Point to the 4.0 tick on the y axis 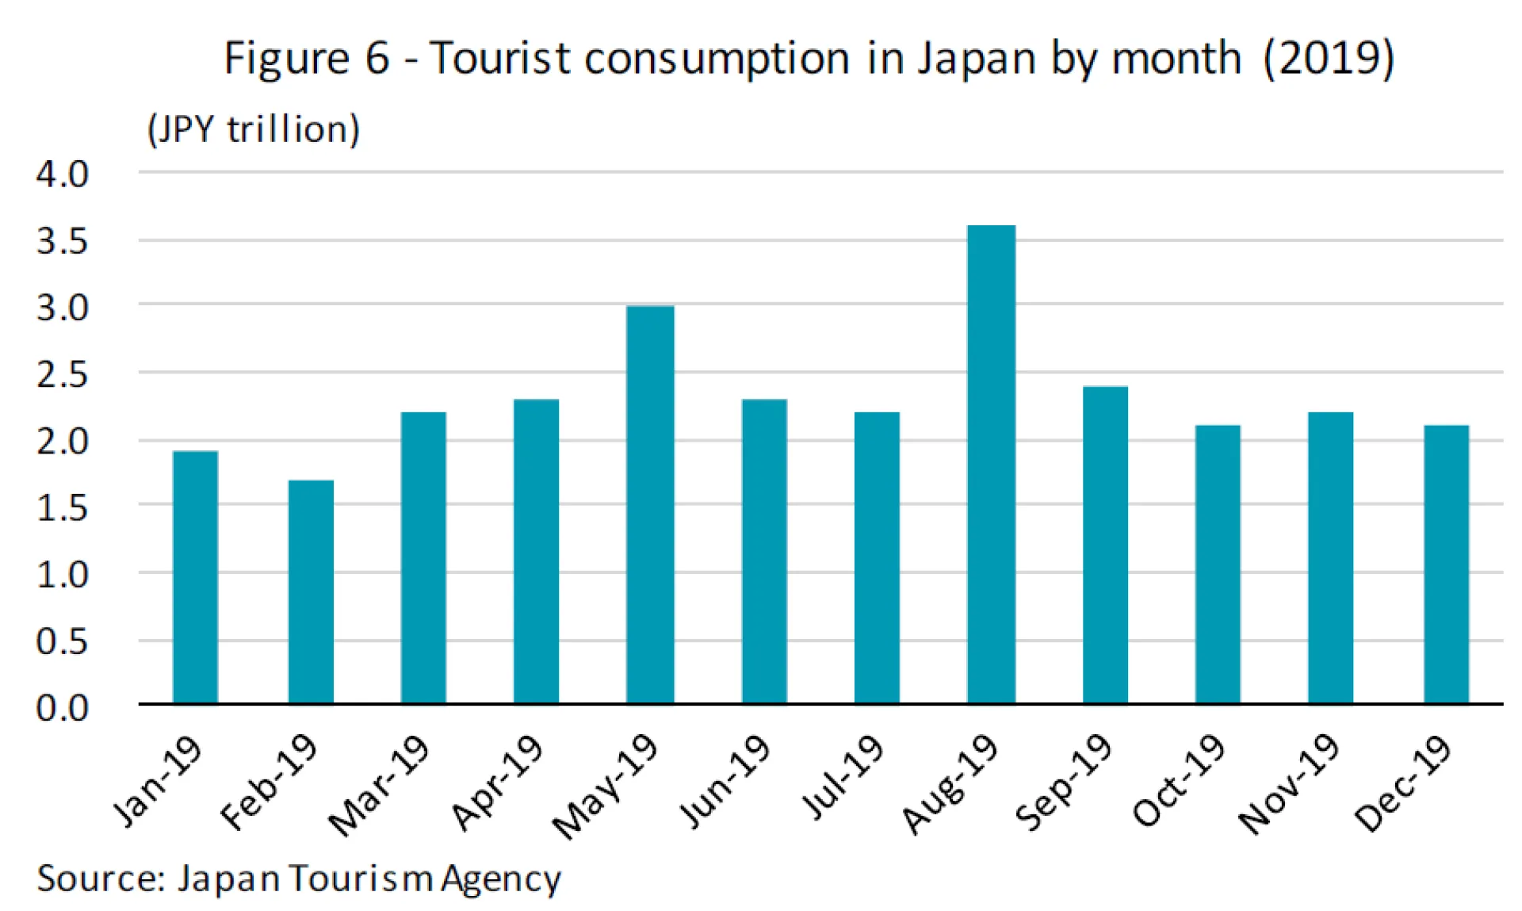point(62,174)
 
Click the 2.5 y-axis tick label point(62,375)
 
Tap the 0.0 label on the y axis point(62,708)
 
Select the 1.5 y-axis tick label point(62,508)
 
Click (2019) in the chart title point(1329,59)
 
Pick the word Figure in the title point(287,59)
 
